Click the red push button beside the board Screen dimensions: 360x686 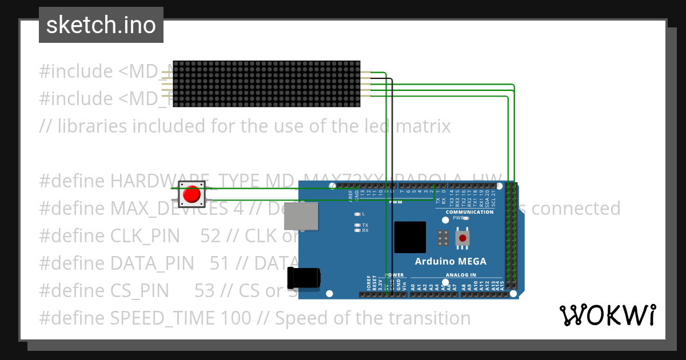tap(192, 195)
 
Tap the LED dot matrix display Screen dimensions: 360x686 tap(266, 84)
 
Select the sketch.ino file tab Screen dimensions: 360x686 tap(101, 25)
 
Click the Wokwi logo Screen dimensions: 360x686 tap(607, 315)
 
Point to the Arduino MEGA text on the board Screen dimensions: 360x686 tap(450, 262)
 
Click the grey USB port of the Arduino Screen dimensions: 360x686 tap(301, 216)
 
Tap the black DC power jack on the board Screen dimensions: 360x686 tap(304, 278)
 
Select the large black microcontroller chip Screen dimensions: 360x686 tap(410, 237)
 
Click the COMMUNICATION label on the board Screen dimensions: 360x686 tap(469, 212)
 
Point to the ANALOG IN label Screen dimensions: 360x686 tap(460, 275)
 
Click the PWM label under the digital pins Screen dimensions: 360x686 tap(395, 202)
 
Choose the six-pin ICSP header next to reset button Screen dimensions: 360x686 tap(442, 238)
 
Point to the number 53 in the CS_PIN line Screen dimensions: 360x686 tap(205, 291)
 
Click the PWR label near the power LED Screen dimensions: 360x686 tap(457, 218)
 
